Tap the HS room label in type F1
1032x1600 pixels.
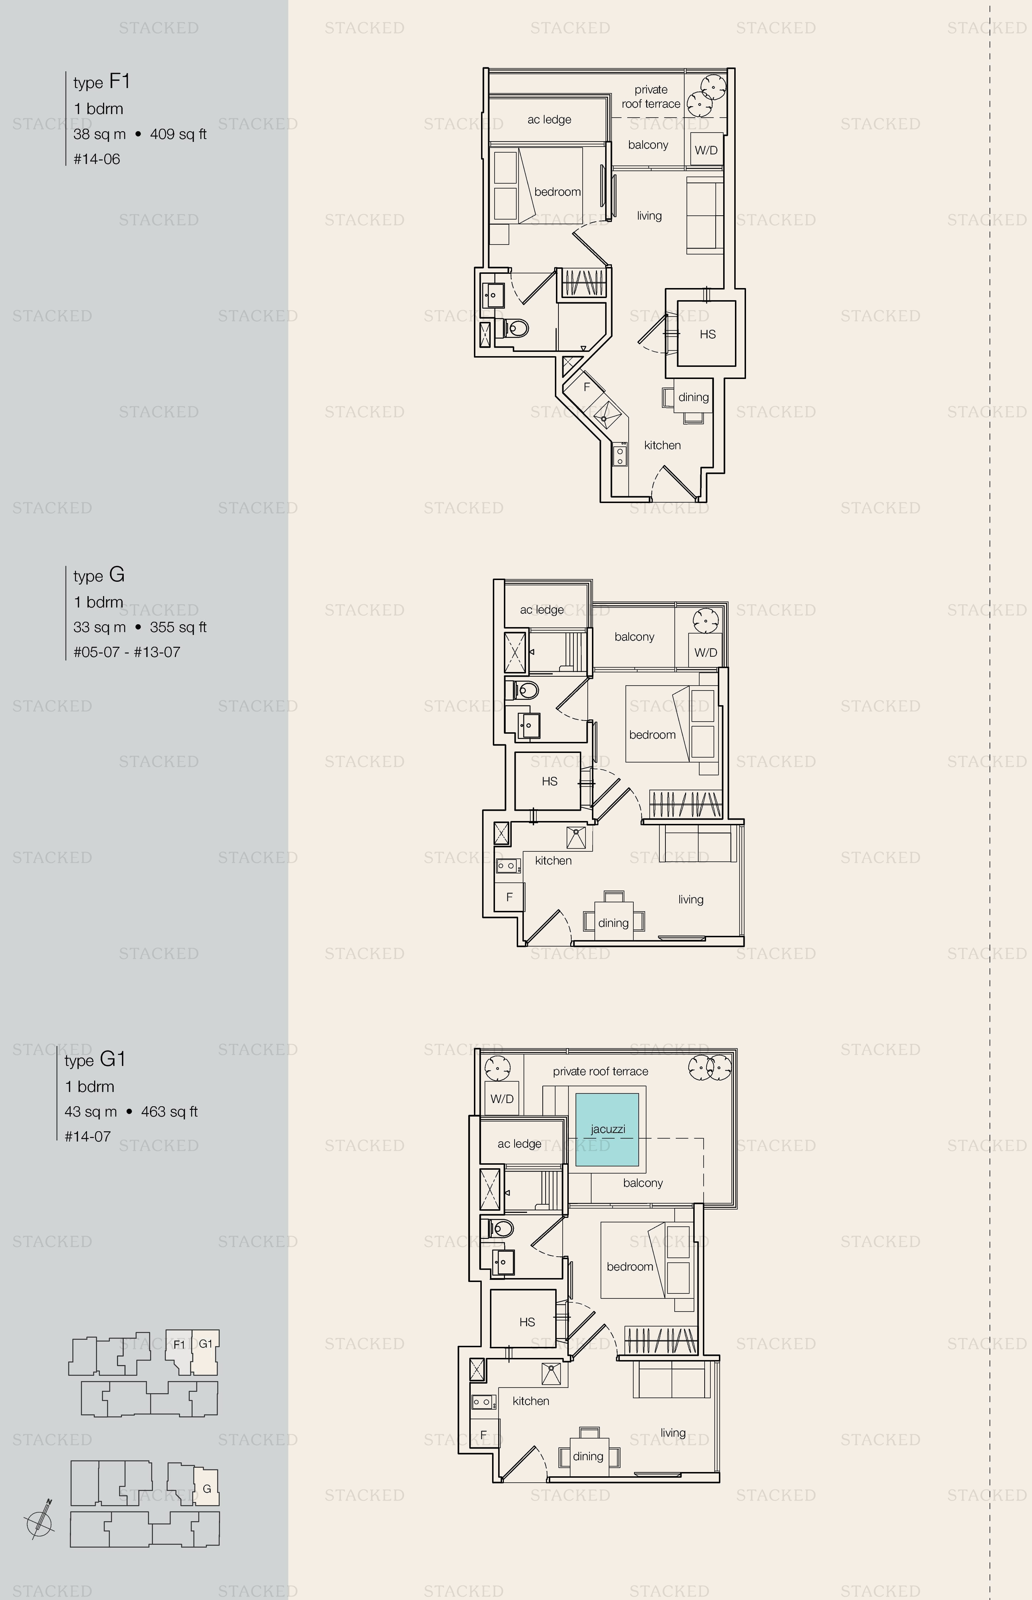point(707,334)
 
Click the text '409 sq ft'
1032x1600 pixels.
point(178,134)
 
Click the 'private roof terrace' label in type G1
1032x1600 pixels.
point(601,1071)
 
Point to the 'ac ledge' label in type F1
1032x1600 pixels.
point(550,119)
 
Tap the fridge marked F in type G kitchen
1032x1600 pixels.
point(509,897)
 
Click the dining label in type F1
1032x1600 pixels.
point(694,397)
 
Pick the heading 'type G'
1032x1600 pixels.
point(99,575)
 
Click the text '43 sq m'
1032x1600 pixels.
point(91,1112)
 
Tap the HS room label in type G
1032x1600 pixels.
point(550,781)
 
